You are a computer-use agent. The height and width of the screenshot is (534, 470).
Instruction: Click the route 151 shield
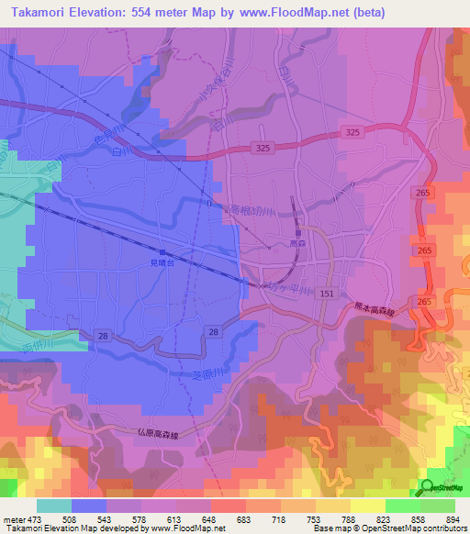tap(327, 293)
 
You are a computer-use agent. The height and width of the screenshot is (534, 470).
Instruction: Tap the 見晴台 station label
tap(162, 262)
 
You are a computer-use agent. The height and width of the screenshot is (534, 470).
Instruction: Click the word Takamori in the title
tap(38, 12)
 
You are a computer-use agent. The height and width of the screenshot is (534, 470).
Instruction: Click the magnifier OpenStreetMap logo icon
tap(429, 487)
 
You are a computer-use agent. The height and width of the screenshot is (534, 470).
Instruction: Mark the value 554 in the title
tap(163, 12)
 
